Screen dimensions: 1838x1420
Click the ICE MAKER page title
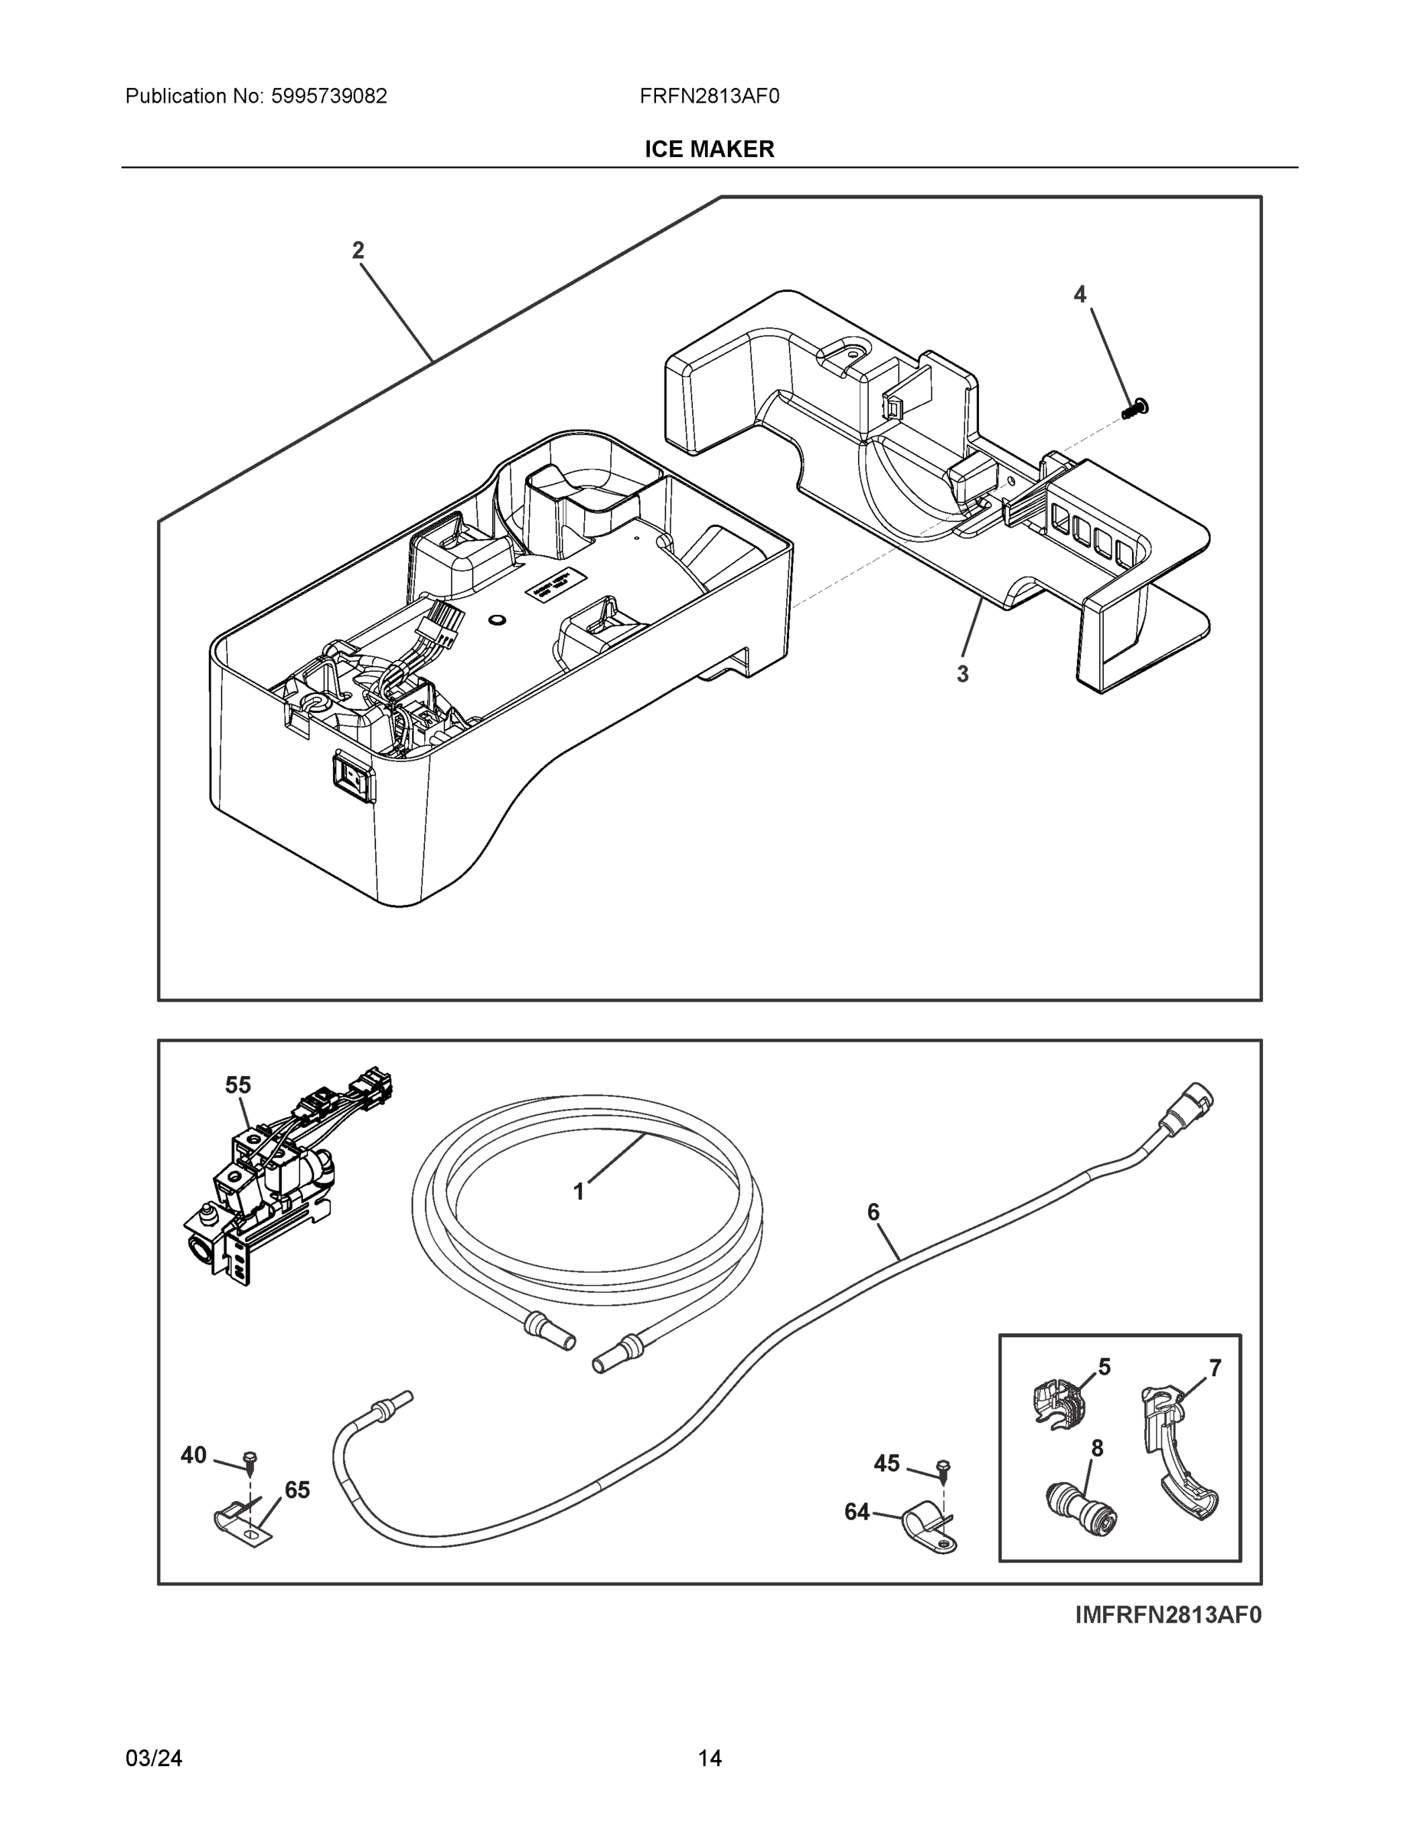coord(709,149)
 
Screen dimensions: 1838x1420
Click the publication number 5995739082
coord(329,96)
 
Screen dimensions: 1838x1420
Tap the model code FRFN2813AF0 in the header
coord(709,96)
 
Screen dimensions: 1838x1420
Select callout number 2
coord(358,250)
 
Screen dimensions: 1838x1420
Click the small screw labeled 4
coord(1137,409)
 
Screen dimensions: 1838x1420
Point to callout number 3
coord(962,674)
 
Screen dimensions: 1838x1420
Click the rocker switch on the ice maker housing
coord(354,775)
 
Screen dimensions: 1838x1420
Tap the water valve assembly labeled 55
coord(261,1195)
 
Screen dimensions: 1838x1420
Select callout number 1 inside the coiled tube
coord(579,1192)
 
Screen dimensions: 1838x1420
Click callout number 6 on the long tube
coord(873,1212)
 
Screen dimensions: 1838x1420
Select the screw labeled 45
coord(943,1470)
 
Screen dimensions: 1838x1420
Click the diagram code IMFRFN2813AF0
coord(1167,1615)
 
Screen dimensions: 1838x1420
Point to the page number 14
coord(709,1758)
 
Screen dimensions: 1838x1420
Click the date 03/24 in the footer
coord(154,1758)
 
